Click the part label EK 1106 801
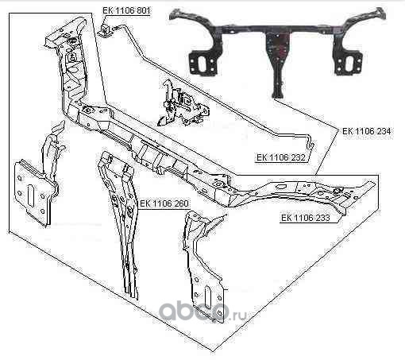pyautogui.click(x=126, y=11)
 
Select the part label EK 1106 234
pyautogui.click(x=366, y=131)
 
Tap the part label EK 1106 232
pyautogui.click(x=281, y=157)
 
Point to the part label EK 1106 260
pyautogui.click(x=164, y=203)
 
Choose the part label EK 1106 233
pyautogui.click(x=306, y=218)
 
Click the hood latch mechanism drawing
pyautogui.click(x=182, y=103)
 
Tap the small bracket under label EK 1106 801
pyautogui.click(x=105, y=29)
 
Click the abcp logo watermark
pyautogui.click(x=195, y=312)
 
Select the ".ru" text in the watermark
pyautogui.click(x=239, y=315)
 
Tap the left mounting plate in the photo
pyautogui.click(x=204, y=61)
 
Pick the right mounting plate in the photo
pyautogui.click(x=347, y=61)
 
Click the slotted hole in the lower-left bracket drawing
pyautogui.click(x=31, y=195)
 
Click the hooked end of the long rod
pyautogui.click(x=311, y=145)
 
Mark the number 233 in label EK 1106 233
pyautogui.click(x=322, y=218)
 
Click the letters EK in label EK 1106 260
pyautogui.click(x=145, y=203)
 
